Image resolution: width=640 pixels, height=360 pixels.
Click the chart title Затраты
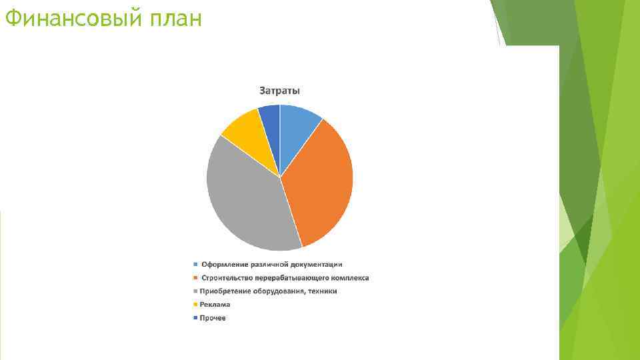[x=279, y=91]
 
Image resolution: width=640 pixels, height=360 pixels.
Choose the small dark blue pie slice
[x=271, y=120]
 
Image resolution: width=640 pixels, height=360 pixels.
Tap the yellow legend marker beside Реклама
[x=195, y=304]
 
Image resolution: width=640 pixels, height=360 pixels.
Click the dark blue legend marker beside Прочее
[x=195, y=318]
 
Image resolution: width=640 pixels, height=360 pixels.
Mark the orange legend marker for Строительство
[x=195, y=278]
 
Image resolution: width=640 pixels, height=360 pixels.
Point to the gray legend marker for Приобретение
[x=195, y=291]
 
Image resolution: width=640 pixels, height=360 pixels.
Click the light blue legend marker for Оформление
[x=195, y=265]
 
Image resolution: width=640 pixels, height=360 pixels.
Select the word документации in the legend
[x=319, y=265]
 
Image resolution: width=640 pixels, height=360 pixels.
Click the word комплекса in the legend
[x=348, y=278]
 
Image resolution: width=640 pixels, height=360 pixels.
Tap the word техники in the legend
[x=322, y=291]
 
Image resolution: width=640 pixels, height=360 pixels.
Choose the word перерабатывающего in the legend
[x=289, y=278]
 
